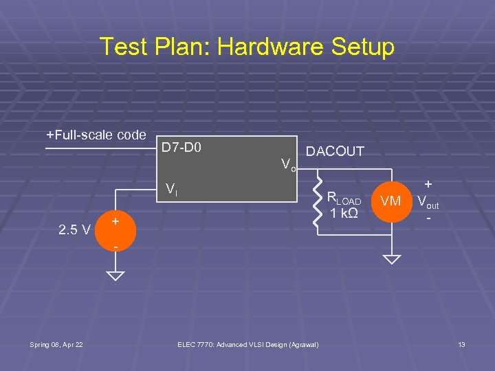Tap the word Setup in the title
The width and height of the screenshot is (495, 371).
[360, 47]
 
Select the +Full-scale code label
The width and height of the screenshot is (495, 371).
[96, 135]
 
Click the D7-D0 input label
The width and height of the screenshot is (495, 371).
[181, 147]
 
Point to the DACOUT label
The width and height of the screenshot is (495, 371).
[335, 151]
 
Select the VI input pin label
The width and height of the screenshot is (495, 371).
[173, 190]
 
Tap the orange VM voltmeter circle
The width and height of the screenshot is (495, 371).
[391, 201]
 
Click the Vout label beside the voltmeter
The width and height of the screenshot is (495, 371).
[428, 203]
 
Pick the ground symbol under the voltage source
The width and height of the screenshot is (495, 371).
[115, 276]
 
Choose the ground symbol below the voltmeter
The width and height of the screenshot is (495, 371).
[391, 260]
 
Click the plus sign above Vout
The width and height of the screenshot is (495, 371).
[428, 185]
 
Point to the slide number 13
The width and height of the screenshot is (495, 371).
[461, 344]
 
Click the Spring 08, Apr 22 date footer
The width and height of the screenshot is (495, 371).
[56, 344]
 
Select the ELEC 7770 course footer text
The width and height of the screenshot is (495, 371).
[247, 344]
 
